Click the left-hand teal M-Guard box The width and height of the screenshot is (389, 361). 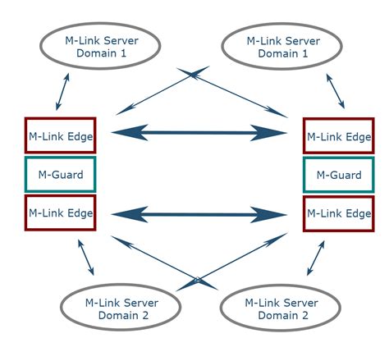pos(61,175)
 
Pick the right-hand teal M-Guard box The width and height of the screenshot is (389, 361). pos(338,175)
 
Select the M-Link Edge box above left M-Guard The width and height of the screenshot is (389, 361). pos(61,136)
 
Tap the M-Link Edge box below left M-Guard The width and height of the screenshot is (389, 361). pos(61,213)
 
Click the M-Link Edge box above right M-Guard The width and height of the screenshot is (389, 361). pos(338,136)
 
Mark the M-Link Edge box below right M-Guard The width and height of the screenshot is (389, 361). pos(338,213)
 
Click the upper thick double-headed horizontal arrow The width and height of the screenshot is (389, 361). pos(199,133)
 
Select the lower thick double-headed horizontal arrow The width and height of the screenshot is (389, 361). pos(199,215)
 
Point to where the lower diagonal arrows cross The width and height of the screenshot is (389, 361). pos(197,280)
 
